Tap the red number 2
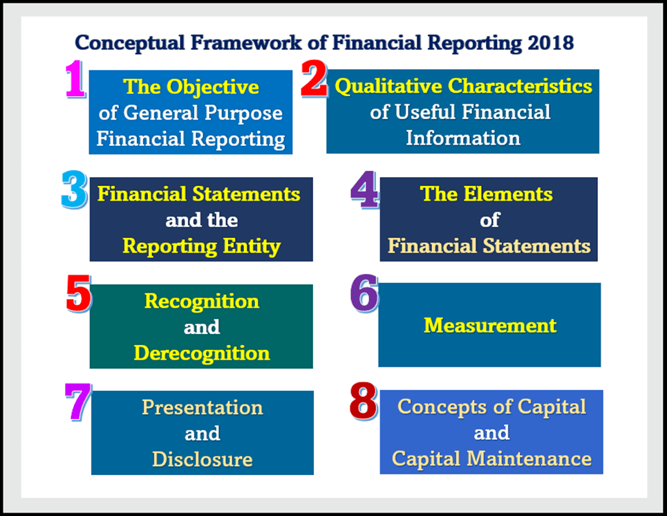pyautogui.click(x=314, y=81)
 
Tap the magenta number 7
pyautogui.click(x=77, y=401)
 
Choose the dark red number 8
pyautogui.click(x=364, y=401)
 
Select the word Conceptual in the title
pyautogui.click(x=122, y=42)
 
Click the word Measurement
pyautogui.click(x=489, y=325)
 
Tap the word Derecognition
pyautogui.click(x=201, y=353)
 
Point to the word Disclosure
pyautogui.click(x=202, y=459)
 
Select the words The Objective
pyautogui.click(x=191, y=86)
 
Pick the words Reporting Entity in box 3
pyautogui.click(x=201, y=246)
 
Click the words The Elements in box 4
pyautogui.click(x=487, y=194)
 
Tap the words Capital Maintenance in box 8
pyautogui.click(x=491, y=458)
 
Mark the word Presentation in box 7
pyautogui.click(x=202, y=407)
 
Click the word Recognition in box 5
pyautogui.click(x=201, y=301)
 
